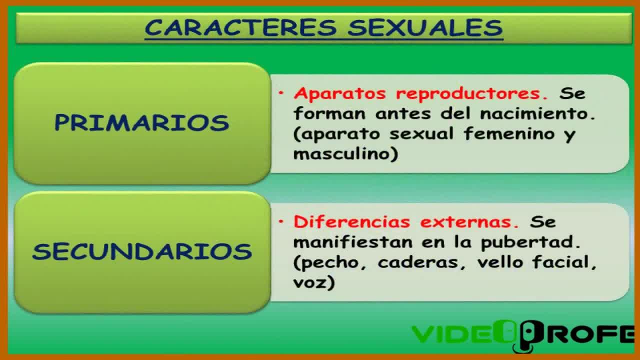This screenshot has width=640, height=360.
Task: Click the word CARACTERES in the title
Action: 241,27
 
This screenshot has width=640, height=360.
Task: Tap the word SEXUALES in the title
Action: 425,27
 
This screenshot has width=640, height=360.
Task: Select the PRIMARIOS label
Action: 141,122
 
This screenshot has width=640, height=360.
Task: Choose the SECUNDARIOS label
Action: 142,251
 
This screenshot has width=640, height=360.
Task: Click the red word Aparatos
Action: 340,93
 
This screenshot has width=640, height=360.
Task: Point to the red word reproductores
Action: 472,93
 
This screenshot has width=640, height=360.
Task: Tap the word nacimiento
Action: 537,113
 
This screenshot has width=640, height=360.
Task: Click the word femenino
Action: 509,134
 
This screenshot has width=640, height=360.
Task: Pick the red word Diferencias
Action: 352,221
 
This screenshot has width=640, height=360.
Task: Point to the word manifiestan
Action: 353,242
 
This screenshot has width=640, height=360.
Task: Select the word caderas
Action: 418,262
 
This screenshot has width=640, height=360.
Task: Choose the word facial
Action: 564,262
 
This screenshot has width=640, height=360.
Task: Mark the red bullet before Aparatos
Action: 281,93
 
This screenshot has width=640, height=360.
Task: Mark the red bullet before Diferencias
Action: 281,221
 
